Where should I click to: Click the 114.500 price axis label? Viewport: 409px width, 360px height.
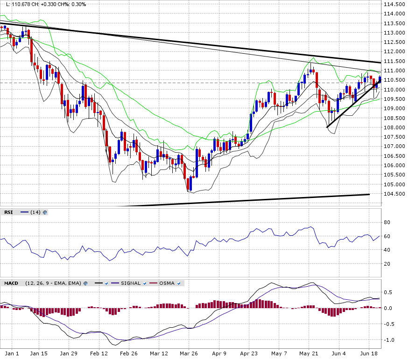394,4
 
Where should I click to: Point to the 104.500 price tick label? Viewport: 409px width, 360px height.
394,194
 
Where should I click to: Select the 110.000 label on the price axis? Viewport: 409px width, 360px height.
394,90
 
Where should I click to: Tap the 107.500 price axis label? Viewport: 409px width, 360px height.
394,137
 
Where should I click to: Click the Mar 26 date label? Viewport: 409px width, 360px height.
188,354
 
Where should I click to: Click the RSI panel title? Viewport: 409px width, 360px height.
9,212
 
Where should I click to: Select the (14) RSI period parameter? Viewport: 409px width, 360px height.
35,212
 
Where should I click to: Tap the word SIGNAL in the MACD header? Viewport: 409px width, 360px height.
130,283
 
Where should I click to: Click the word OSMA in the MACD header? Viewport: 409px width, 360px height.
167,283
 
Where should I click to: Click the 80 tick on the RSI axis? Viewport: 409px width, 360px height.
387,222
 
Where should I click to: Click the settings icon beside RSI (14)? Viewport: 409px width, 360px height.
45,212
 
